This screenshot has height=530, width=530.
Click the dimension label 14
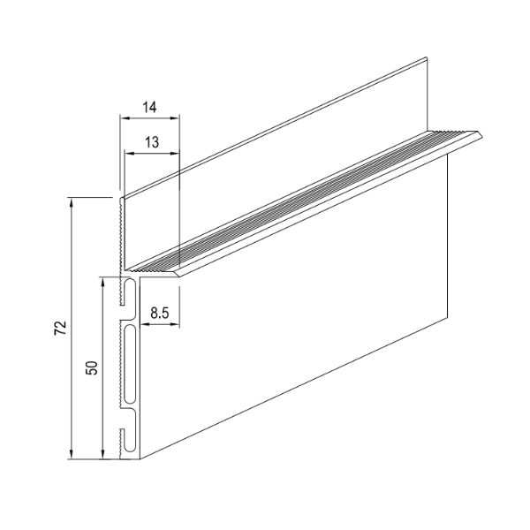coord(149,107)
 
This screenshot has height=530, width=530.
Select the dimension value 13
coord(152,142)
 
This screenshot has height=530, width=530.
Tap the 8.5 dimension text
coord(160,314)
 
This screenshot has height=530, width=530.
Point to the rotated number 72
coord(61,328)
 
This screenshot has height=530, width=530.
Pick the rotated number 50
coord(92,367)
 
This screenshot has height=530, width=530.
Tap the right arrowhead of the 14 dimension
coord(174,118)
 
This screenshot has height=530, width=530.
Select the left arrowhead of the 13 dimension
coord(130,154)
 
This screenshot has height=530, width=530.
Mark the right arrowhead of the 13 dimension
coord(174,154)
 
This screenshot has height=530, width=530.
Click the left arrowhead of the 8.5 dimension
coord(144,324)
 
